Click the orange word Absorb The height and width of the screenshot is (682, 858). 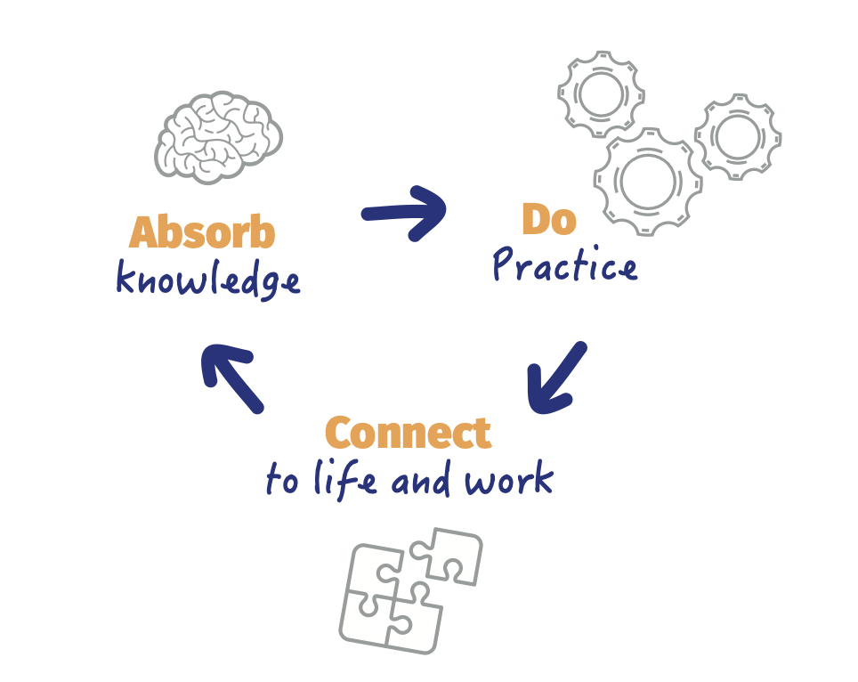[202, 232]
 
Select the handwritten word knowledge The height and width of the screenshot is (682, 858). [207, 280]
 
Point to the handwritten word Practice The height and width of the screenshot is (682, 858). [565, 265]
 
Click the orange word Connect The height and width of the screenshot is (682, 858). [408, 434]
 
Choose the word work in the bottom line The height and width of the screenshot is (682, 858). [509, 481]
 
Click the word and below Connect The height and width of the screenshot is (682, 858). [425, 482]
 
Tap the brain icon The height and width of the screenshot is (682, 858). [219, 136]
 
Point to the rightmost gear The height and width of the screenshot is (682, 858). [737, 136]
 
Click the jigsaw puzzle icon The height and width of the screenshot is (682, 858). [410, 590]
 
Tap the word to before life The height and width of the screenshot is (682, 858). [282, 482]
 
